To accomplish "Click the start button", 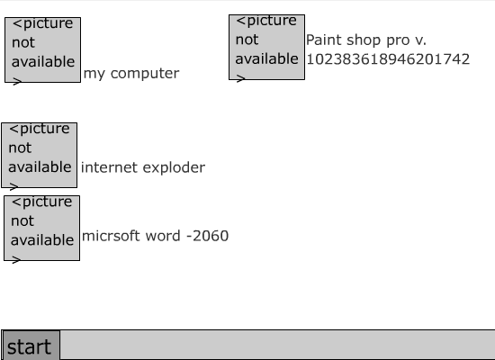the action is coord(31,346).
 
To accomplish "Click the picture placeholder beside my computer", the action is coord(42,49).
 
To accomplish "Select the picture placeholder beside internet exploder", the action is coord(39,155).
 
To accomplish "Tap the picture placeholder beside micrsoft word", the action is coord(41,228).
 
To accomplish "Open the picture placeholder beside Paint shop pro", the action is coord(266,47).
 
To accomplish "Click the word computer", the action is coord(145,74).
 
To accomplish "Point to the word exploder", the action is coord(174,167).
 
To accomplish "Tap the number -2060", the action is coord(207,236).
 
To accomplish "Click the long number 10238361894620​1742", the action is coord(388,59).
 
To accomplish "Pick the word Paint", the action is coord(324,40).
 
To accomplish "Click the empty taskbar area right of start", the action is coord(277,345).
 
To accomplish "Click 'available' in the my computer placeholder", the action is coord(43,61).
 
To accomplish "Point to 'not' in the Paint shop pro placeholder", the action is coord(247,40).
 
